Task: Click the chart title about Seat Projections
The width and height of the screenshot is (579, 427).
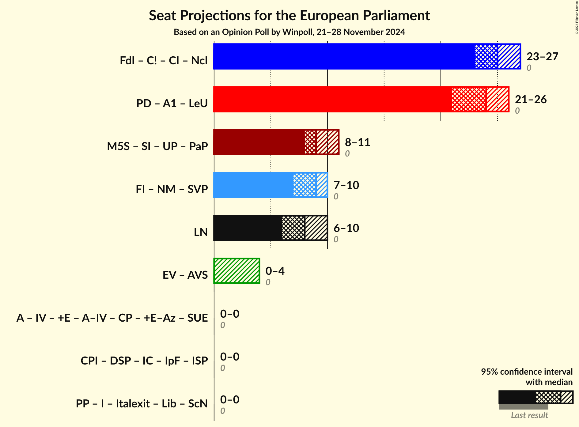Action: pos(289,16)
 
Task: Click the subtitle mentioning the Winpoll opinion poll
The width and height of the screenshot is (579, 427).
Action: pos(289,32)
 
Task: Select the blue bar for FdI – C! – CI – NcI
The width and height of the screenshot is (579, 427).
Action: pos(367,56)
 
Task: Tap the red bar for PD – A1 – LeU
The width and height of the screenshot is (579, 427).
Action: pos(361,99)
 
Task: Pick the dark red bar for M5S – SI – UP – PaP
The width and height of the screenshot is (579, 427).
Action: pos(276,142)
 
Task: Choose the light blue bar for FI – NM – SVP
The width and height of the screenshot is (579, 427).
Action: pos(270,185)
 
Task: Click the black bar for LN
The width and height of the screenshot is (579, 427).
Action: pos(270,228)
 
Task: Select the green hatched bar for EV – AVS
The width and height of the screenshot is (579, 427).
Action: pos(237,271)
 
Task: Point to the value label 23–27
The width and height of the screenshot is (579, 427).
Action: pos(542,57)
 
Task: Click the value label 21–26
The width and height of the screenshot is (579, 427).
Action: pos(531,100)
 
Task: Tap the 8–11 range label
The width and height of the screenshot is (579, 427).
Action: pos(357,142)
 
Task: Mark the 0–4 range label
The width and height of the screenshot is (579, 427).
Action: pos(275,271)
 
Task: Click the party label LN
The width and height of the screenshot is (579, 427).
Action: pos(201,232)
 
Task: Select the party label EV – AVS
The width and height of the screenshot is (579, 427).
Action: pos(185,275)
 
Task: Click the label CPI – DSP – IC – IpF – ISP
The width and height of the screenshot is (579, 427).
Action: pos(144,361)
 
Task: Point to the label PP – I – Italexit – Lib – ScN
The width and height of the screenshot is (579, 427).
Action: pos(142,404)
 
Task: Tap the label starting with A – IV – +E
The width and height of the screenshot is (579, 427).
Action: pos(112,318)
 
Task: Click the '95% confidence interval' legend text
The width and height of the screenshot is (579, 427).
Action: pos(526,372)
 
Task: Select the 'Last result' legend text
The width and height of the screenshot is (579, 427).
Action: pos(529,415)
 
